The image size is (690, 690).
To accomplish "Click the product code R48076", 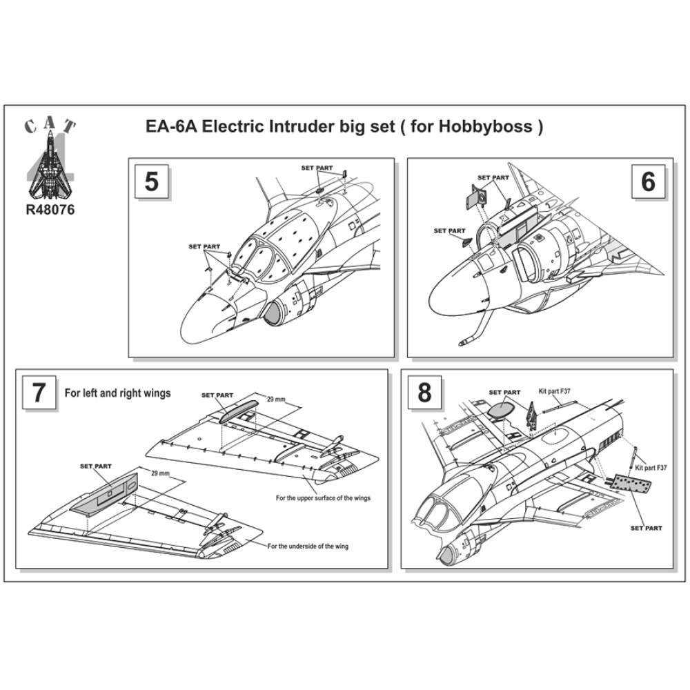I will pyautogui.click(x=48, y=208).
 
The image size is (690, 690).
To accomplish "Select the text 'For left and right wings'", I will pyautogui.click(x=117, y=393).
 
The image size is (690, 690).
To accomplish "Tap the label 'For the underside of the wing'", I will pyautogui.click(x=308, y=546).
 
